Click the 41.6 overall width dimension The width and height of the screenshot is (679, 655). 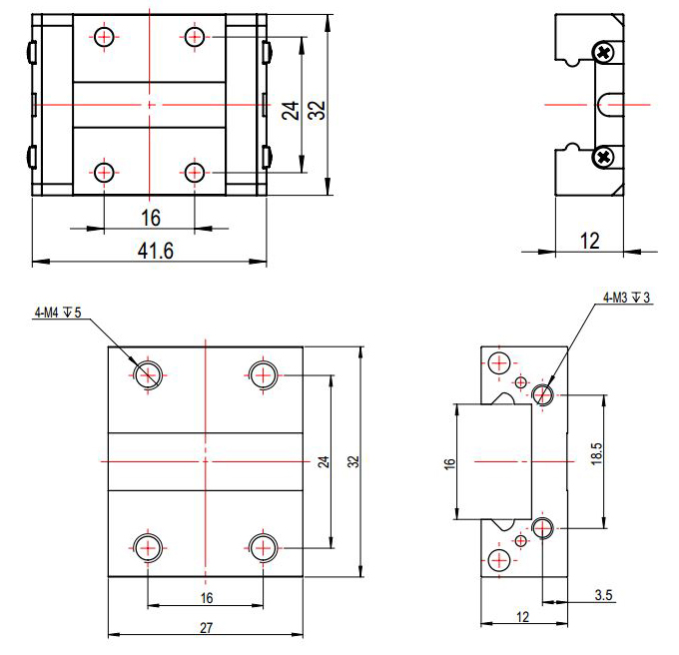coord(155,252)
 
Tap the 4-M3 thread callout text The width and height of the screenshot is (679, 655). coord(627,298)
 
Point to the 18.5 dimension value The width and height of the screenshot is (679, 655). coord(596,456)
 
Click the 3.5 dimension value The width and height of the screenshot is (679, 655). coord(603,595)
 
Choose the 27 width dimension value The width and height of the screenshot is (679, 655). coord(206,627)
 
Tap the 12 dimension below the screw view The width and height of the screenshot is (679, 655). coord(588,239)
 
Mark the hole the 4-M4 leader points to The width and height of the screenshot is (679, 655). coord(148,374)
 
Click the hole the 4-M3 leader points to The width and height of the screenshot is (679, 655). coord(543,395)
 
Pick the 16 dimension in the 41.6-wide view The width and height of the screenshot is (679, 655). coord(151,218)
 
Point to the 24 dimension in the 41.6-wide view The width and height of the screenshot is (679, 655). coord(291,109)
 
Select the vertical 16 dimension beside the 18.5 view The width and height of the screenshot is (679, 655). coord(449,463)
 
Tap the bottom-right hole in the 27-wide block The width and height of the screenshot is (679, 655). coord(263,546)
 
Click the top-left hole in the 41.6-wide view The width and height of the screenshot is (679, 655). coord(105,38)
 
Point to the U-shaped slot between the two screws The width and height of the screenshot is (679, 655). coord(610,103)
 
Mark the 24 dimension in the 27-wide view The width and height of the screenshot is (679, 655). coord(323,461)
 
